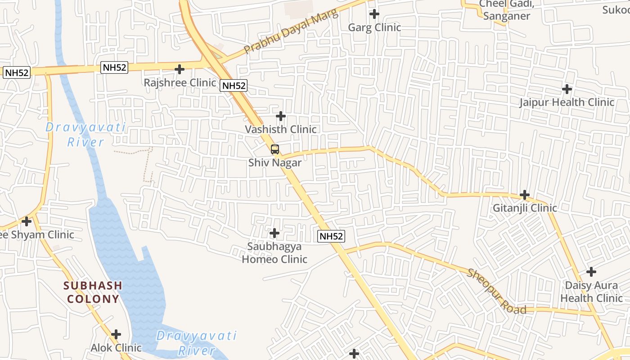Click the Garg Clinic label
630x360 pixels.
(x=374, y=27)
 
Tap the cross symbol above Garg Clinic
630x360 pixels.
(x=374, y=14)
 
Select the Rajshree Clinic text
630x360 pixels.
(x=180, y=83)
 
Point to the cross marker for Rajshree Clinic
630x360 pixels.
(x=180, y=69)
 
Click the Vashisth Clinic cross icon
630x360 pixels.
(x=281, y=116)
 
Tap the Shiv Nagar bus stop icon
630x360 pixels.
(x=275, y=149)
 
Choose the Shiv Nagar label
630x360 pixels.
(x=275, y=162)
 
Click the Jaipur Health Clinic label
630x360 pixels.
(x=567, y=102)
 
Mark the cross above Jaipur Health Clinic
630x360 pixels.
(x=567, y=89)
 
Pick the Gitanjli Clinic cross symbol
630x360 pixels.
(x=525, y=195)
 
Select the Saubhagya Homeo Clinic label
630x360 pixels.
(x=274, y=253)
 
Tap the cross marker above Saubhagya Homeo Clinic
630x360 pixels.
(x=274, y=233)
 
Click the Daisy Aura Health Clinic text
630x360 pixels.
(x=591, y=292)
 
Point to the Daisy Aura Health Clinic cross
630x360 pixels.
(x=591, y=272)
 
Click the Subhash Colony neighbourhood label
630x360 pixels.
(x=93, y=292)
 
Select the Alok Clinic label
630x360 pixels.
(x=116, y=348)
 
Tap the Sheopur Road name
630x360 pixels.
(x=497, y=292)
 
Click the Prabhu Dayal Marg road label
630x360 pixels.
(x=290, y=33)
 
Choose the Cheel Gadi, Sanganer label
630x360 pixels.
(x=507, y=10)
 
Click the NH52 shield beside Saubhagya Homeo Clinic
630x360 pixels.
(x=331, y=236)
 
